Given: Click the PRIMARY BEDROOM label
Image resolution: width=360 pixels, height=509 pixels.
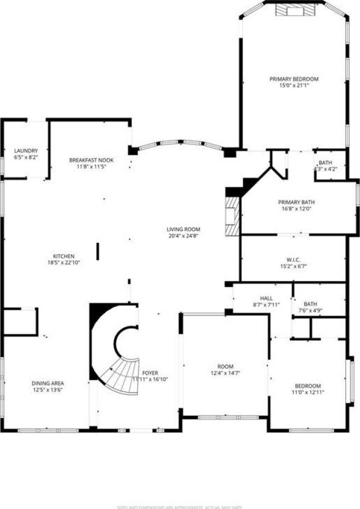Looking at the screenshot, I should coord(294,79).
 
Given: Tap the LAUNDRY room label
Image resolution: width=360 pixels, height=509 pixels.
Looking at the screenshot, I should coord(26,151).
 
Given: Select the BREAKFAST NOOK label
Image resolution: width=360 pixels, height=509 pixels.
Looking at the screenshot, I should coord(91,160).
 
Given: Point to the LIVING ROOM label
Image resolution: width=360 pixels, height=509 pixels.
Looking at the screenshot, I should coord(183,229).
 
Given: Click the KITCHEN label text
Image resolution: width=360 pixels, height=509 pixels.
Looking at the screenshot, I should coord(64,255).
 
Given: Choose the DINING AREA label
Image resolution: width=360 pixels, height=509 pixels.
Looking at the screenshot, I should coord(47,384).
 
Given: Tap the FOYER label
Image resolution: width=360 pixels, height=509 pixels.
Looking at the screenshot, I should coord(150,373).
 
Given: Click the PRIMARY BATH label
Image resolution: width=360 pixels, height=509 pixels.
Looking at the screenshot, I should coord(296,202).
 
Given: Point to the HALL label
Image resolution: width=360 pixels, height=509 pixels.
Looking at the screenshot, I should coord(266,298).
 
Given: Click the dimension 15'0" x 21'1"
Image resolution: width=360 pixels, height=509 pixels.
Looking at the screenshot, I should coord(294,85).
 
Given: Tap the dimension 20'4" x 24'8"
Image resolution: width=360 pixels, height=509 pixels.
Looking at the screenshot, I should coord(183,236).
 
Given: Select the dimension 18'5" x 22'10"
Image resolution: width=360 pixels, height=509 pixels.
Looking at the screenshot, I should coord(64,262).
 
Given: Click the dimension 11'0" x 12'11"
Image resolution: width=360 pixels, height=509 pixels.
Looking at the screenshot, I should coord(309,392).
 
